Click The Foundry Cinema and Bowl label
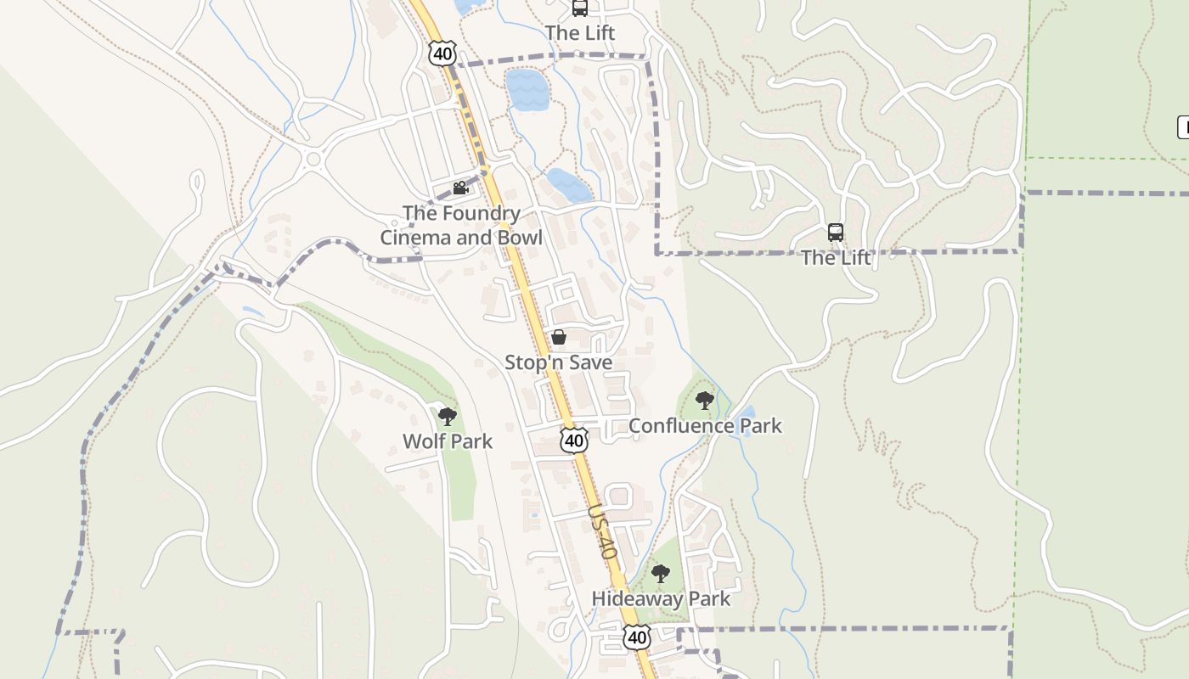tap(460, 225)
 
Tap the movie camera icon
tap(460, 188)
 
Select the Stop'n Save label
tap(558, 362)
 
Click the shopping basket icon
tap(559, 337)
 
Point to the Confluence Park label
tap(705, 425)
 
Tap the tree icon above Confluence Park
tap(704, 400)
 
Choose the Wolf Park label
tap(447, 441)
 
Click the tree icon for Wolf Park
tap(448, 416)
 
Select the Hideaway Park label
tap(661, 598)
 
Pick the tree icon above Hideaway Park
tap(661, 574)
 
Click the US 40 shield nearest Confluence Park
tap(574, 440)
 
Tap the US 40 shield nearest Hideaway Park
tap(636, 637)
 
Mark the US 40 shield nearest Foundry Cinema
tap(442, 53)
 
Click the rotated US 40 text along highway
tap(601, 532)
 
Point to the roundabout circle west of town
tap(313, 159)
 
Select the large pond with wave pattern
tap(527, 89)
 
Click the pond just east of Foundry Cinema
tap(568, 185)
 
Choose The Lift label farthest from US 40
tap(837, 257)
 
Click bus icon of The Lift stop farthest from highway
tap(836, 232)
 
